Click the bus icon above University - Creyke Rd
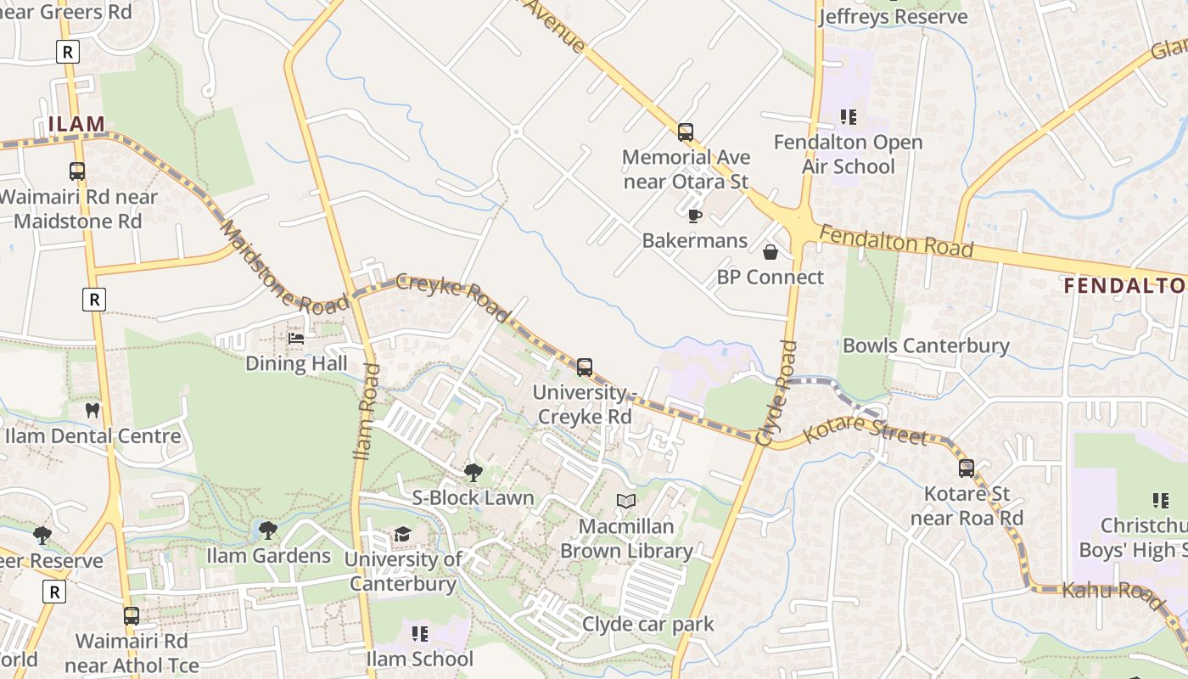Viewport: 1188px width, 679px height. (585, 368)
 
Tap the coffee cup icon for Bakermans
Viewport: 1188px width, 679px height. (694, 216)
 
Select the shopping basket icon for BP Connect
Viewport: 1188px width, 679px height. (771, 252)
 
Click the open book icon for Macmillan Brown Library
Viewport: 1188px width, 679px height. (626, 502)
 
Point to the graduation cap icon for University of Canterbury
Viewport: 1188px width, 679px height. (402, 534)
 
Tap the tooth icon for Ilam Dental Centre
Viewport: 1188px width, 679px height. (92, 411)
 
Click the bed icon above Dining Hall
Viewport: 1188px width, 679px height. (296, 339)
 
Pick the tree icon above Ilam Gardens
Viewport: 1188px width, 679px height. (268, 531)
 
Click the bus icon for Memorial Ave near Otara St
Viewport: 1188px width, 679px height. (686, 132)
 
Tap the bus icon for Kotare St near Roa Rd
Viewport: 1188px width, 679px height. (966, 469)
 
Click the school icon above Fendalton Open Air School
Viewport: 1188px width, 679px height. (848, 117)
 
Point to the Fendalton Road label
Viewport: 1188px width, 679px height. (896, 241)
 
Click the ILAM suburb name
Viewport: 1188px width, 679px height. (76, 125)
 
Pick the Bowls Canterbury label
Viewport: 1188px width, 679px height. (926, 345)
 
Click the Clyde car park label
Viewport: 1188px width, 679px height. (647, 625)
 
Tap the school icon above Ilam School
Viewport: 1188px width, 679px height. (419, 634)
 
